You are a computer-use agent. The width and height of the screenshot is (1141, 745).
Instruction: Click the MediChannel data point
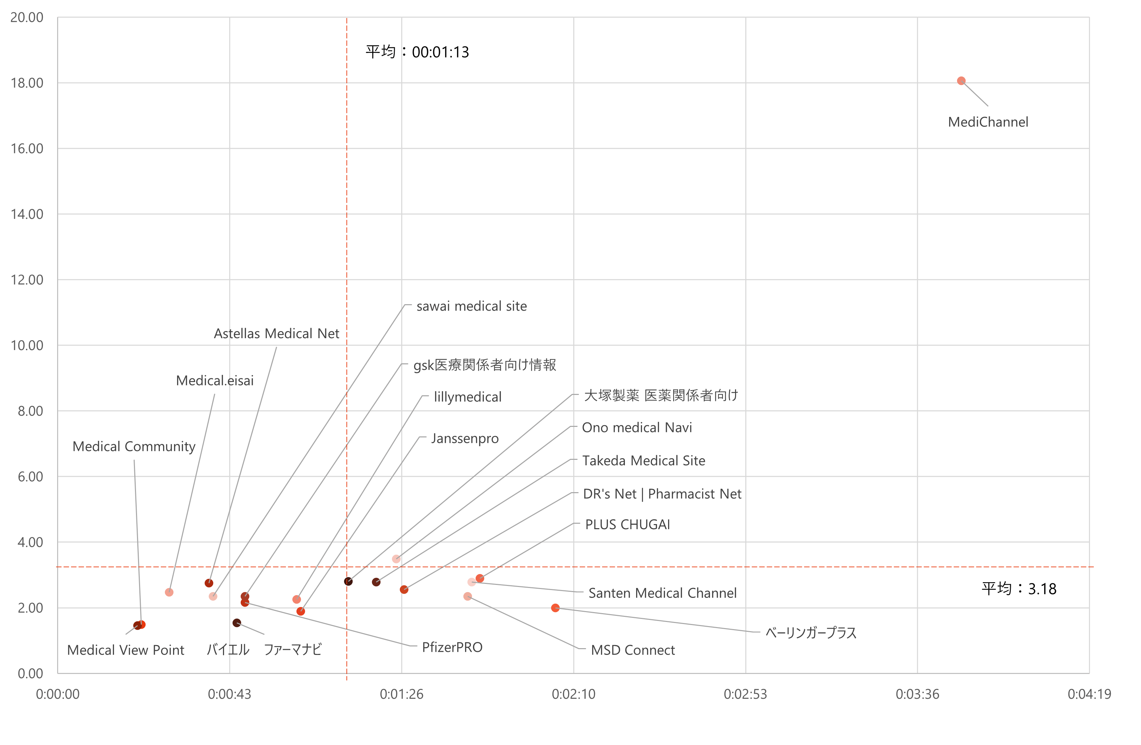961,81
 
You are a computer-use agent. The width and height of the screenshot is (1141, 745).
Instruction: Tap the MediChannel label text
988,122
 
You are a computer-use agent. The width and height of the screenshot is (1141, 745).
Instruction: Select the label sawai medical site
471,306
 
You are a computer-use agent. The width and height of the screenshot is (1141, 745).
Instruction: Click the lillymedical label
467,397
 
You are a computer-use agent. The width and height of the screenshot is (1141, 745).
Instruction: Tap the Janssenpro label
464,438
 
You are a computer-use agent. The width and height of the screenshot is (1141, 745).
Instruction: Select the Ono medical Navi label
637,427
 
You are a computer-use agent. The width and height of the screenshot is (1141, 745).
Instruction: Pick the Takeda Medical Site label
643,461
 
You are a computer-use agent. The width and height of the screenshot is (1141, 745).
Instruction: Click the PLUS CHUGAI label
628,525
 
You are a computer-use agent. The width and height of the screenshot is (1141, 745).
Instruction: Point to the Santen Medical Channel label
662,593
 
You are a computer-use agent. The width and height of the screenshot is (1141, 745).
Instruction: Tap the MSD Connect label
632,650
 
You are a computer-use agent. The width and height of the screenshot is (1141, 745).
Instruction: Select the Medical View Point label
125,650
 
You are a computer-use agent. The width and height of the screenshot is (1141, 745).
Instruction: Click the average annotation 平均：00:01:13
417,52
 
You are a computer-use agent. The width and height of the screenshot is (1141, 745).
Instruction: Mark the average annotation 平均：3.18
1019,589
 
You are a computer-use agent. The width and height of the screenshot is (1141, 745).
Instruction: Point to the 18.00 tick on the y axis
27,83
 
